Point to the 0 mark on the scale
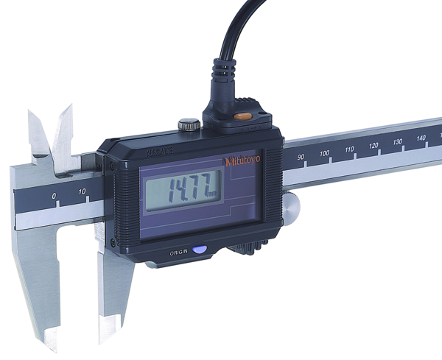53,195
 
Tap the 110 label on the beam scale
349,149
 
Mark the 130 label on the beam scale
398,141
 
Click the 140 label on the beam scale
421,137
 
